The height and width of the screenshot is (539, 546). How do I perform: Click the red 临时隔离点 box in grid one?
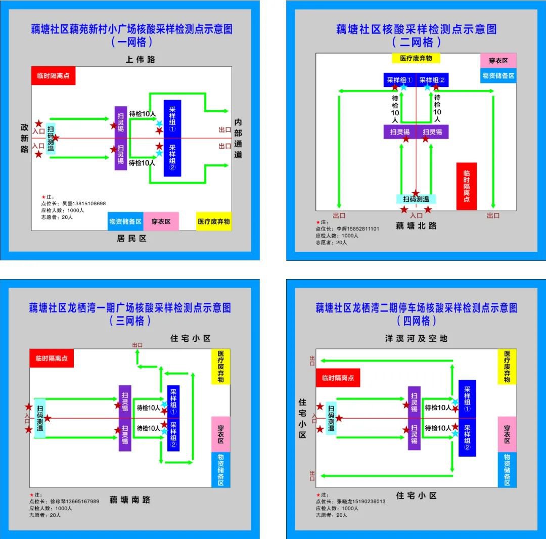click(53, 76)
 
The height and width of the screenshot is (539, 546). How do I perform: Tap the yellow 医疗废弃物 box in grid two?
click(416, 58)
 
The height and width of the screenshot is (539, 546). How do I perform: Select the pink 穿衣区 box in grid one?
click(161, 221)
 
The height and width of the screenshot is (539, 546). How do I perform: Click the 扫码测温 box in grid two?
click(416, 199)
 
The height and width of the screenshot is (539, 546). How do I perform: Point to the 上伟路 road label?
click(141, 60)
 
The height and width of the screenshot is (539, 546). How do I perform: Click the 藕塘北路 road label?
click(416, 226)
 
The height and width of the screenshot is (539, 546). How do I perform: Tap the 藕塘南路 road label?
click(130, 500)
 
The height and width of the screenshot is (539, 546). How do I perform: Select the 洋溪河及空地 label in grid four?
click(416, 338)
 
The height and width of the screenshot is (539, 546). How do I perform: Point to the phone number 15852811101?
click(361, 229)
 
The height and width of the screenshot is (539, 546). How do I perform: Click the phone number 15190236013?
click(364, 502)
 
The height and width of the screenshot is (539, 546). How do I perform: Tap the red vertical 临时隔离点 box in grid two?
click(466, 186)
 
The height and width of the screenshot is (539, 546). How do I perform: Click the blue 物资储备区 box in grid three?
click(220, 470)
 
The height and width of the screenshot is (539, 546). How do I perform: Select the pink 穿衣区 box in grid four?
click(507, 434)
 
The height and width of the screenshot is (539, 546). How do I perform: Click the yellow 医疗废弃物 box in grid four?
click(507, 367)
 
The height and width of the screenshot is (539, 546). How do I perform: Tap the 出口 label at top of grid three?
click(137, 345)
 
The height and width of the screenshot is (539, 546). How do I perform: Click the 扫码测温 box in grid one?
click(51, 139)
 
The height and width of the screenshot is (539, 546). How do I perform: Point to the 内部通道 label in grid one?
click(238, 139)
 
